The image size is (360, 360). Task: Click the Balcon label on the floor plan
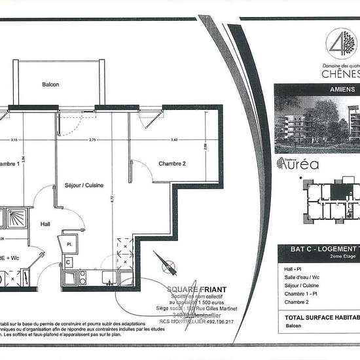click(51, 84)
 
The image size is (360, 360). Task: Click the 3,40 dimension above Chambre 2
click(173, 139)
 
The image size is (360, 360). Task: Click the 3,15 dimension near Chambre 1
click(13, 139)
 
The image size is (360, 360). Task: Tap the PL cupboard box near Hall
click(70, 243)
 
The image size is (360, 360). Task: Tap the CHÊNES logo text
click(340, 73)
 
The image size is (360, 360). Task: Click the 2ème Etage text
click(334, 258)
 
